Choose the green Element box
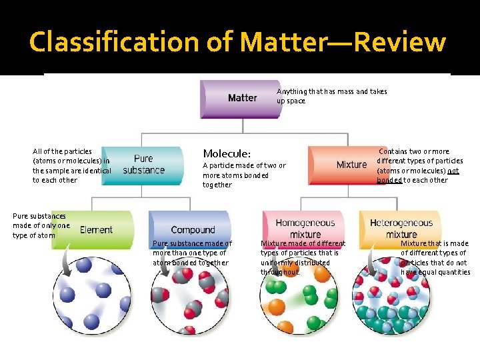(x=93, y=230)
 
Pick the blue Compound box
(x=191, y=229)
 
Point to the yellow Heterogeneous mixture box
(x=401, y=228)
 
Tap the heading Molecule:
(x=227, y=153)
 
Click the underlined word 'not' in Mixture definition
(x=453, y=171)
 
